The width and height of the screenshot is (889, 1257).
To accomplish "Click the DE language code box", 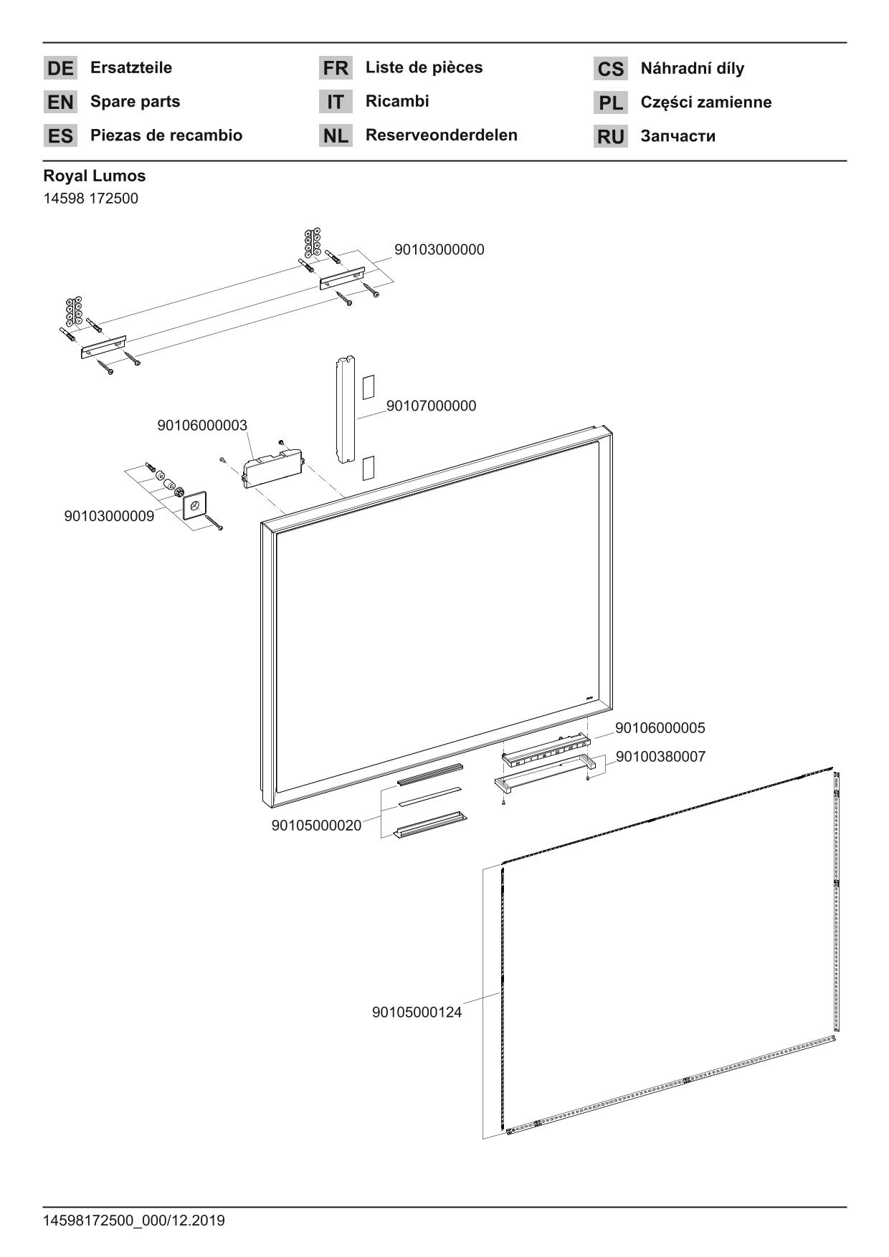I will coord(60,69).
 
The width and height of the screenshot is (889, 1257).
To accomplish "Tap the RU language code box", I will coord(610,137).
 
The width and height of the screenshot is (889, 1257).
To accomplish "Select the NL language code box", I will coord(336,135).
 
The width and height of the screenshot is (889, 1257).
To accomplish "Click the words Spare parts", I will coord(135,102).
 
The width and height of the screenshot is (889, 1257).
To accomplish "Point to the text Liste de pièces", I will coord(424,67).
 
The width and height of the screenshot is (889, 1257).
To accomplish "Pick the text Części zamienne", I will coord(705,102).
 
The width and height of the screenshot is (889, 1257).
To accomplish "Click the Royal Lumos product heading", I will coord(94,176).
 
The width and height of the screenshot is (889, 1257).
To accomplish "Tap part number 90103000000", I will coord(439,249).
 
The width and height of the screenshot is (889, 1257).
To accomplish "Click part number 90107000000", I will coord(431,406).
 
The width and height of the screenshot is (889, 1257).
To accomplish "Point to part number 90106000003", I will coord(201,425).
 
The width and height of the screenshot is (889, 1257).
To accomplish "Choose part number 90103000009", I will coord(109,516).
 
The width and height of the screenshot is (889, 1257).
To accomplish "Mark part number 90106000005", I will coord(660,728).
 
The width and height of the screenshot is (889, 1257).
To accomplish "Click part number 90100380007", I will coord(660,757).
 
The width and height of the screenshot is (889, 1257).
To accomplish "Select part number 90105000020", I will coord(316,826).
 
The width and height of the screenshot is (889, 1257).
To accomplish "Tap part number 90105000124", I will coord(417,1013).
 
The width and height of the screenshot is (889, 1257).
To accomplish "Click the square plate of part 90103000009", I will coord(194,506).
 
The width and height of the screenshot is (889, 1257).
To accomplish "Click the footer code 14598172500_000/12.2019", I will coord(134,1220).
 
